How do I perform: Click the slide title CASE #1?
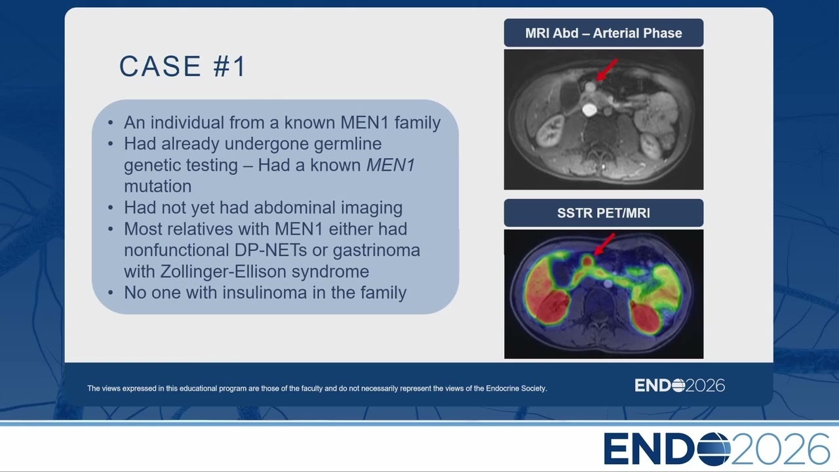click(182, 66)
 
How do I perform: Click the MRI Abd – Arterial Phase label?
click(604, 33)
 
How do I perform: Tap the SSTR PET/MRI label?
click(604, 213)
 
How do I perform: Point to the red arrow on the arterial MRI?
click(607, 69)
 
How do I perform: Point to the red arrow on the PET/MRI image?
click(604, 244)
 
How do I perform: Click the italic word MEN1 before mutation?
click(390, 165)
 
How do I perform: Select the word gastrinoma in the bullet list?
click(376, 250)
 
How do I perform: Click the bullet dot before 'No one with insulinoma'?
click(111, 292)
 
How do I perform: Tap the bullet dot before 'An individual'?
click(111, 123)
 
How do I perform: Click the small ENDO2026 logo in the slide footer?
click(680, 385)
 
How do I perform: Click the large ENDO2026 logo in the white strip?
click(716, 449)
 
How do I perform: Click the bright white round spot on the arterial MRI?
click(589, 109)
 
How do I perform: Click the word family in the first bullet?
click(418, 123)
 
